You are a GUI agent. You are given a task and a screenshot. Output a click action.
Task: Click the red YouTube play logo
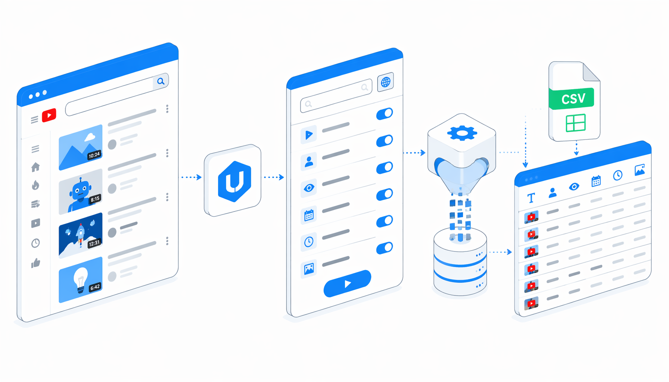[49, 115]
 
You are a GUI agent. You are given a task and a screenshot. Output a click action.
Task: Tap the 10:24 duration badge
[94, 155]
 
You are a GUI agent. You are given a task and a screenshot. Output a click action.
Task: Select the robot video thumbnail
[81, 192]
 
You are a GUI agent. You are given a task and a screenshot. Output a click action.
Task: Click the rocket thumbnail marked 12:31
[81, 235]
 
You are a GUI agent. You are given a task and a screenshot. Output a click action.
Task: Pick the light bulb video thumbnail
[81, 279]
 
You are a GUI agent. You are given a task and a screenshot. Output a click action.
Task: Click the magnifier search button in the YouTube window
[161, 81]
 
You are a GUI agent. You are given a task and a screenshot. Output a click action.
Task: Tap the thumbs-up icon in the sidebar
[35, 263]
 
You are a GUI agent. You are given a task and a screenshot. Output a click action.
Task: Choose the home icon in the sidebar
[35, 167]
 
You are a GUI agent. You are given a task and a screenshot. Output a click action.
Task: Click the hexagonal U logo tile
[233, 181]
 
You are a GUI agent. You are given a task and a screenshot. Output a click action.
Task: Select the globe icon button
[386, 82]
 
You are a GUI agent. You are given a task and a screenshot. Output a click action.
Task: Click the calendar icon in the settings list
[309, 215]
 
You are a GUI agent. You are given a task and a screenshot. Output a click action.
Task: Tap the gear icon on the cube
[462, 133]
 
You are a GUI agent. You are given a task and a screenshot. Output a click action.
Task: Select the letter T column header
[531, 198]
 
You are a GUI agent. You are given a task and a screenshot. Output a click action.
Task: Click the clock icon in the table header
[618, 175]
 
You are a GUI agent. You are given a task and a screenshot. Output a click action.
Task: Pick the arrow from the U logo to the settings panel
[274, 177]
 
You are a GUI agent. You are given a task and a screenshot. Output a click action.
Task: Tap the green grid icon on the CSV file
[576, 123]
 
